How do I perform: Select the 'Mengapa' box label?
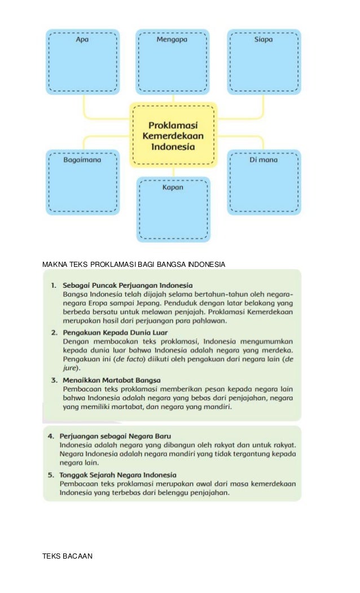[172, 40]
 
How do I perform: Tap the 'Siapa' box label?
[264, 40]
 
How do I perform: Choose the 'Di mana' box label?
[264, 160]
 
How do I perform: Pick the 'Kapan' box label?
[173, 187]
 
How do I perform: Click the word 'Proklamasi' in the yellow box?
[173, 125]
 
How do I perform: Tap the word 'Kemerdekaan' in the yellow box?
[173, 136]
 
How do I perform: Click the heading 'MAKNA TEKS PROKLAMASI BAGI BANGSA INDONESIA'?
[134, 264]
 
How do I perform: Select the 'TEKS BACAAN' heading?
[67, 556]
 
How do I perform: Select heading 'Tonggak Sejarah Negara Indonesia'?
[120, 475]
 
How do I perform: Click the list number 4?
[51, 436]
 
